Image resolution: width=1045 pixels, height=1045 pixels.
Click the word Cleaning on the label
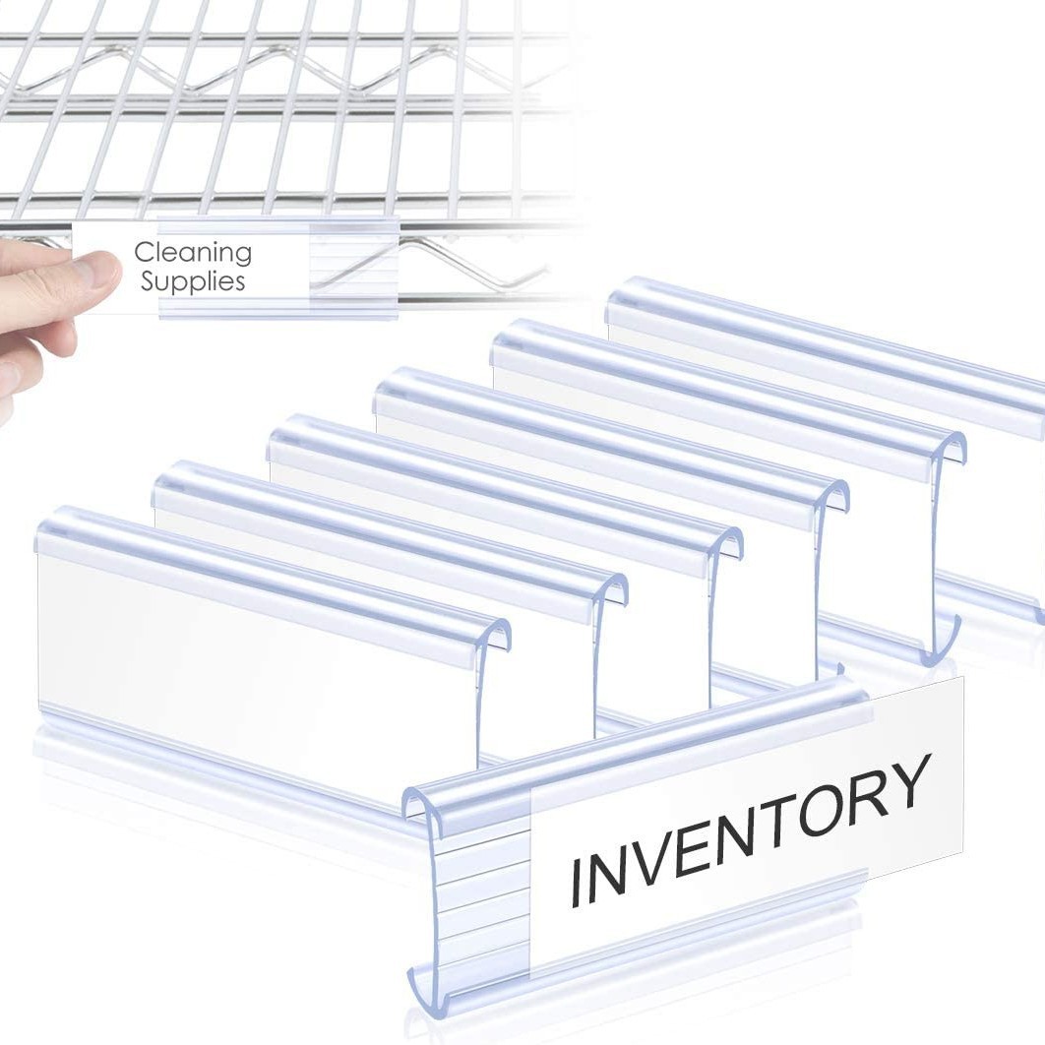click(193, 254)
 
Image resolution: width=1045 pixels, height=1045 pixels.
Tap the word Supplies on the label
click(192, 281)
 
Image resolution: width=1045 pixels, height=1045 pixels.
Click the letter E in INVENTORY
click(708, 844)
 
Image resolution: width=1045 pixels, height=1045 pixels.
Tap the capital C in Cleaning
click(145, 253)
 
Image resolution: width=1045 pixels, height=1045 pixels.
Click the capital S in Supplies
click(150, 281)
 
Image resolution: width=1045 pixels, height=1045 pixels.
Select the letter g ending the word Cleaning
click(242, 256)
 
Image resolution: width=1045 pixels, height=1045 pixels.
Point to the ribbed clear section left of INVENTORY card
click(482, 886)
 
